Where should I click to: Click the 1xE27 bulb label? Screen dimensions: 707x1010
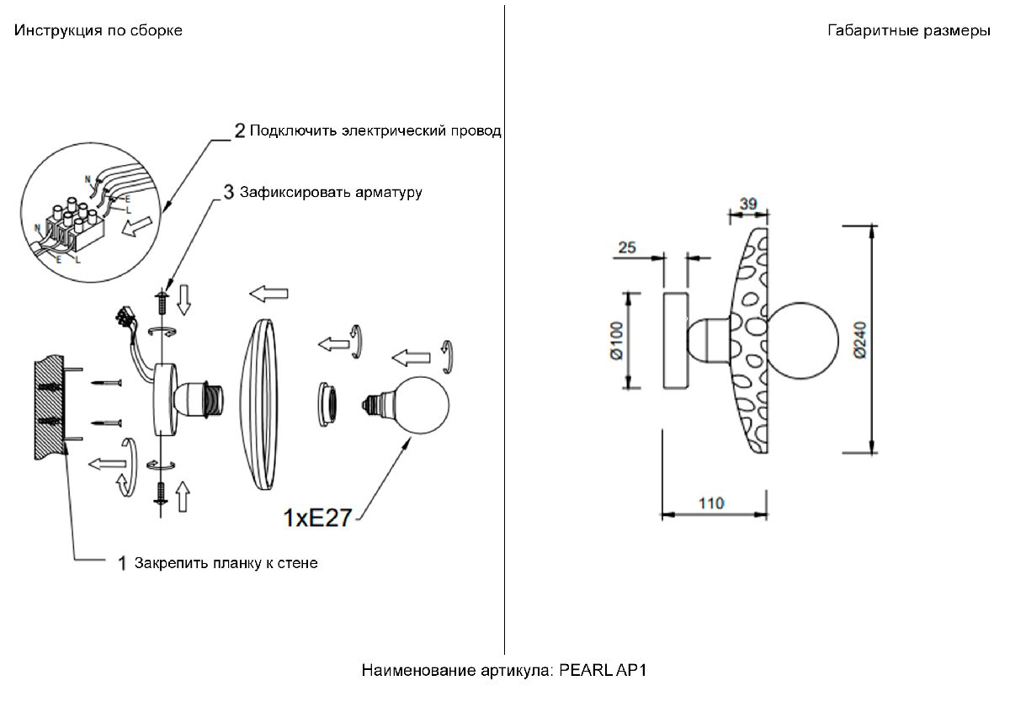(x=316, y=518)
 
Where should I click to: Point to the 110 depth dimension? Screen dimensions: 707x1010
(x=711, y=503)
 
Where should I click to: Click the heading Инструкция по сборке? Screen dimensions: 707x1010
(x=98, y=31)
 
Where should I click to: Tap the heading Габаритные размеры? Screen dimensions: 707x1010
(x=908, y=31)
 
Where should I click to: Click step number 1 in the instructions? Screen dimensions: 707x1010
(x=121, y=563)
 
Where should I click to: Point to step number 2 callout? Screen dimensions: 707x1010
(x=240, y=130)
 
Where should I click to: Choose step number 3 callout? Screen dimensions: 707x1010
(x=229, y=192)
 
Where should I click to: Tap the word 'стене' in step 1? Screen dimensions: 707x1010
(x=298, y=563)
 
